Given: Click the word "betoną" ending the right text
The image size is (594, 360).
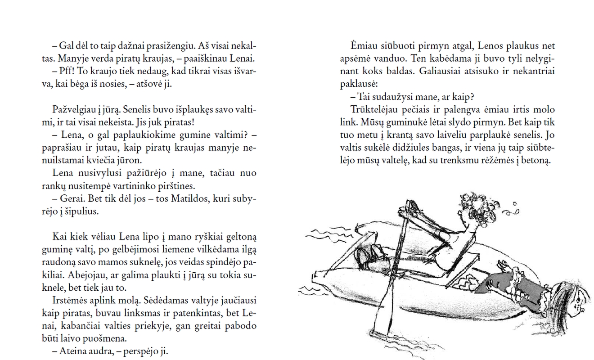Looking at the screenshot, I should pyautogui.click(x=536, y=161).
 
